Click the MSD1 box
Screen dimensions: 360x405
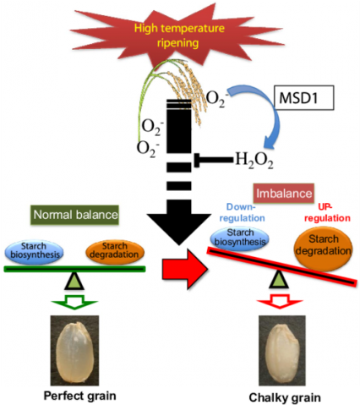tap(304, 97)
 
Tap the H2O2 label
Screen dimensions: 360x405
tap(254, 161)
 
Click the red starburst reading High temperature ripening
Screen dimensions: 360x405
tap(178, 36)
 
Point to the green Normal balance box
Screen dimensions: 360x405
tap(74, 215)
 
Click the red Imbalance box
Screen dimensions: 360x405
tap(284, 194)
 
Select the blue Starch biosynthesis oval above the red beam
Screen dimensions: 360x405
tap(240, 238)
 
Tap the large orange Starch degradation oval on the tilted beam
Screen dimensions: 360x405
tap(324, 249)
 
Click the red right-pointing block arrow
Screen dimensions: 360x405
tap(185, 269)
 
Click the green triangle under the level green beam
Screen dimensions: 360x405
tap(74, 281)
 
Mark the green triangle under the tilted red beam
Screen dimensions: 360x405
tap(279, 279)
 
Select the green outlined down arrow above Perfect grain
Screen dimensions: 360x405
tap(74, 302)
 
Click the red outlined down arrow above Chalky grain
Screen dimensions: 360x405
tap(280, 301)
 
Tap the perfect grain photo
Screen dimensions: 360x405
tap(74, 350)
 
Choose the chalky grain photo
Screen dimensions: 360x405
tap(282, 350)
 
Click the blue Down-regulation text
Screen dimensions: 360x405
tap(242, 213)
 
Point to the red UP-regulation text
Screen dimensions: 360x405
tap(327, 213)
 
